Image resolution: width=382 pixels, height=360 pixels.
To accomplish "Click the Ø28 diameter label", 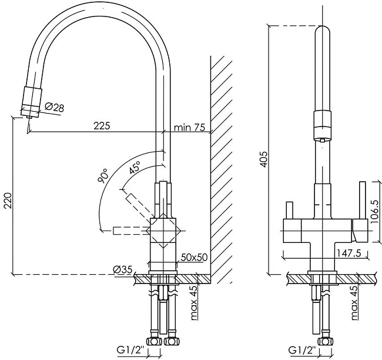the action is pos(55,107).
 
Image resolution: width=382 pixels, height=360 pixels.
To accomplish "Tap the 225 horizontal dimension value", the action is pos(102,126).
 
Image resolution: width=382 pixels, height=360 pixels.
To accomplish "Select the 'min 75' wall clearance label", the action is pos(190,127).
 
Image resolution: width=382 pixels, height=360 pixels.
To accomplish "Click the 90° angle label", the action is pos(103,176).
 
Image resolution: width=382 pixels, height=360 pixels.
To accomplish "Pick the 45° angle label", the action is pos(135,167).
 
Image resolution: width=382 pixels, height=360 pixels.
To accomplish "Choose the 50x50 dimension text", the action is pos(194,257).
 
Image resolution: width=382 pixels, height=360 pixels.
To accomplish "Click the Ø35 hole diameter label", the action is pos(122,269).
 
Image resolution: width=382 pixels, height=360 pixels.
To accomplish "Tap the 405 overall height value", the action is pos(264,159).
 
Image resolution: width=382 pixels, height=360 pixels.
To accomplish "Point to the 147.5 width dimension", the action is pos(349,253).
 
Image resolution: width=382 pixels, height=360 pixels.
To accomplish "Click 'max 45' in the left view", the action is pos(194,303).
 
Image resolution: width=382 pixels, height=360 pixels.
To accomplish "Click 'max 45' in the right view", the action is pos(354,303).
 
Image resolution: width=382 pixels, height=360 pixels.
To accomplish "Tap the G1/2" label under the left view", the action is pos(131,350).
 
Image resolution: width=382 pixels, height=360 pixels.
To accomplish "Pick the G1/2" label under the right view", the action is pos(302,350).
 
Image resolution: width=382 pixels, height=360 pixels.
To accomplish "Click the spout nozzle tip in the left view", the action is pos(29,117).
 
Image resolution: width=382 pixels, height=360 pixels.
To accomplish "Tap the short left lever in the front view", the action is pos(289,210).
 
